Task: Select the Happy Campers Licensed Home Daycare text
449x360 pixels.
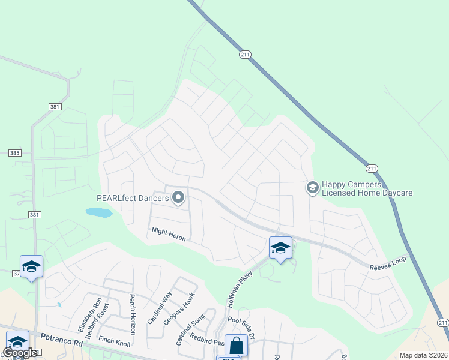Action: (x=367, y=188)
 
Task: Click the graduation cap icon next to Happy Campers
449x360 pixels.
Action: (x=312, y=188)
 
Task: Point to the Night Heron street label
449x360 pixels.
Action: (x=169, y=234)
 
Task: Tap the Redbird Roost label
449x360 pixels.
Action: (x=104, y=317)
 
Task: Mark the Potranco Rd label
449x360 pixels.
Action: (x=59, y=340)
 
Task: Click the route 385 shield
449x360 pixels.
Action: (x=15, y=153)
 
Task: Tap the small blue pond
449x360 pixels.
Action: (x=99, y=212)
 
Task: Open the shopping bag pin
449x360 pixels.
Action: (x=237, y=346)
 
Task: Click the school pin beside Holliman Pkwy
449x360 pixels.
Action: (x=280, y=248)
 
